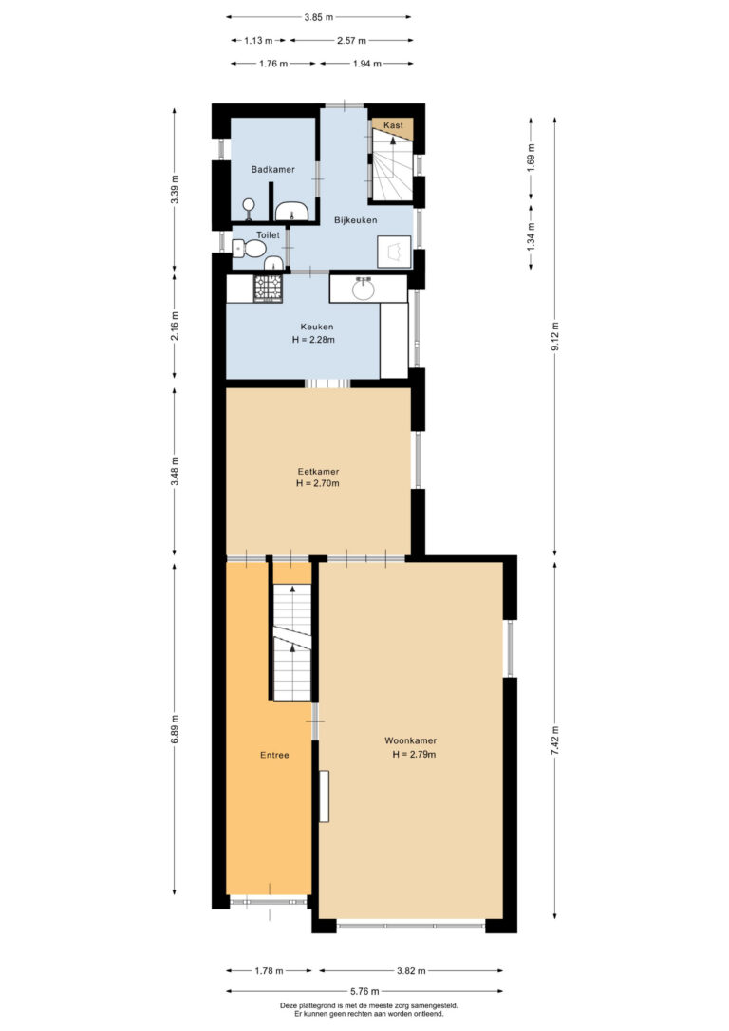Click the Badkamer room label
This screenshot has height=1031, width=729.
[272, 169]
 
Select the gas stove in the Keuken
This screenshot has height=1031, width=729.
[269, 289]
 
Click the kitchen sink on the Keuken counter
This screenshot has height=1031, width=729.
[363, 289]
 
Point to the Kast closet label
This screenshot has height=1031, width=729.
[393, 125]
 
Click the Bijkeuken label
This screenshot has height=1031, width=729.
[356, 220]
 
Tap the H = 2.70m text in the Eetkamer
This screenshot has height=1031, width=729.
[317, 483]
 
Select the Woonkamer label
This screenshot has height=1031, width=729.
[411, 740]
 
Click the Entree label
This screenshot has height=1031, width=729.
[274, 755]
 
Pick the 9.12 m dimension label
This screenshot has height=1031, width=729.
[554, 336]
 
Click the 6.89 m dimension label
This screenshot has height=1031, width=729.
[175, 729]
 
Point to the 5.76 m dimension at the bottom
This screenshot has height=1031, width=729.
[364, 991]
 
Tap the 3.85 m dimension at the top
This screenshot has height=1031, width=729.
[318, 17]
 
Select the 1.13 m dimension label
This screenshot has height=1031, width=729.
[258, 40]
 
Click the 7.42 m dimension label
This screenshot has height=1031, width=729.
[554, 740]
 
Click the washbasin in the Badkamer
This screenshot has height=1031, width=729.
[291, 212]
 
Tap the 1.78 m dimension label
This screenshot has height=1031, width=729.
[269, 970]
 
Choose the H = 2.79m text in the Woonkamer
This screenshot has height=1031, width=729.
[414, 754]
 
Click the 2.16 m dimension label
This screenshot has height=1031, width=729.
[175, 327]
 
